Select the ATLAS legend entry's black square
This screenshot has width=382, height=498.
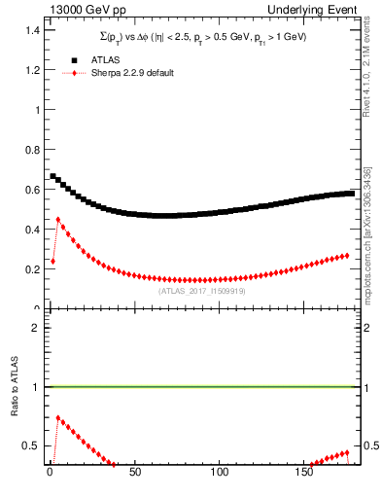pyautogui.click(x=74, y=60)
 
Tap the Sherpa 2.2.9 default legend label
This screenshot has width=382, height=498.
pyautogui.click(x=133, y=73)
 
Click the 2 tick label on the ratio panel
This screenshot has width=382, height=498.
pyautogui.click(x=34, y=327)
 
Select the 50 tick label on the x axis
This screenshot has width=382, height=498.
pyautogui.click(x=134, y=475)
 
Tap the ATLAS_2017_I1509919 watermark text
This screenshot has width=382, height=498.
pyautogui.click(x=201, y=291)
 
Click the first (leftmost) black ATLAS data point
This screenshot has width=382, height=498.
pyautogui.click(x=53, y=176)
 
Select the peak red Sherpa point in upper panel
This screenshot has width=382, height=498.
pyautogui.click(x=58, y=220)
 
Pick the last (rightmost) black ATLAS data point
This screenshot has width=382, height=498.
pyautogui.click(x=350, y=194)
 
